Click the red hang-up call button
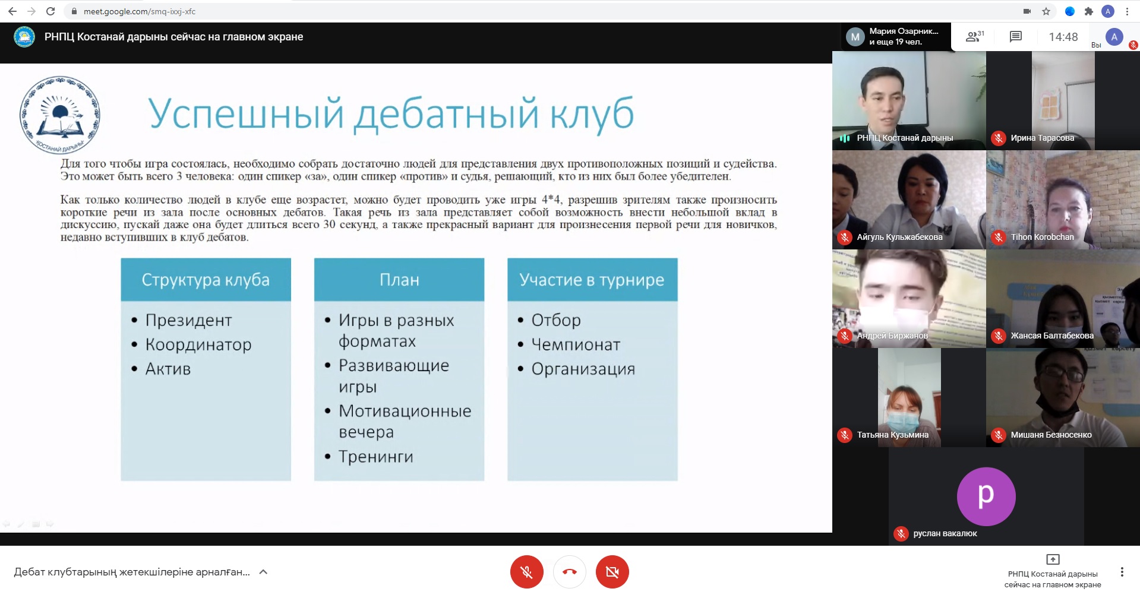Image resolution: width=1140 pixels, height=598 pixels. click(569, 572)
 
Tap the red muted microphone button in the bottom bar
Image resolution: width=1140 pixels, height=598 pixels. click(526, 572)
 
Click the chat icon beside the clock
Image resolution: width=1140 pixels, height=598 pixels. click(1016, 37)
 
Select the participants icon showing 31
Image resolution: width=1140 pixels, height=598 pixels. click(975, 37)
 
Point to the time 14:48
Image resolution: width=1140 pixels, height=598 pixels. click(1063, 37)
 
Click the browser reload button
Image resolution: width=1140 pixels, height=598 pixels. click(50, 11)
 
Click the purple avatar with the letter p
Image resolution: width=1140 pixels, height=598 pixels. click(986, 496)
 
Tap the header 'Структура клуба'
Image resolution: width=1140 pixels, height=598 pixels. click(206, 280)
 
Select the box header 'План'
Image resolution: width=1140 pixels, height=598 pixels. click(399, 280)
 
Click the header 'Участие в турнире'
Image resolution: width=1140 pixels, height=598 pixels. click(592, 280)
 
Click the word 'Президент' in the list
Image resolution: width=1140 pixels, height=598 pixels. click(188, 320)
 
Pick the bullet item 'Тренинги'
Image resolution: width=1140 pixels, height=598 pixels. click(375, 457)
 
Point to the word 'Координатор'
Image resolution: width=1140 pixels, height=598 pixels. click(198, 344)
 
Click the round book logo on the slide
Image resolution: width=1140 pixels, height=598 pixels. click(59, 115)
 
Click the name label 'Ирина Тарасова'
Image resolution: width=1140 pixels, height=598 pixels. click(1042, 138)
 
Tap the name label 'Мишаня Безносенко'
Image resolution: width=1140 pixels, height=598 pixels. click(1051, 435)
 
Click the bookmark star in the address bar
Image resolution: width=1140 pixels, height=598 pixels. click(1046, 11)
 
